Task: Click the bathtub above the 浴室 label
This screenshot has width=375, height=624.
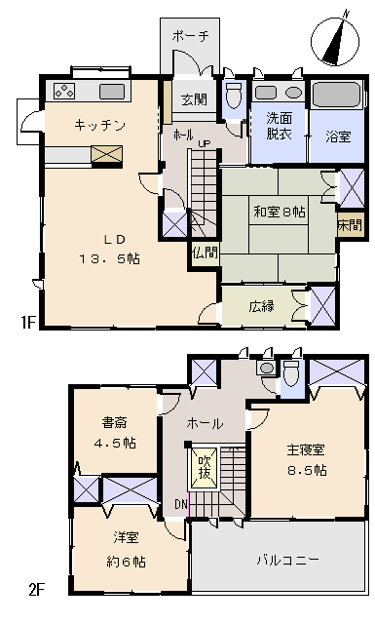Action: [x=336, y=96]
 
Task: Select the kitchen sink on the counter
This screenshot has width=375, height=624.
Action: [x=112, y=92]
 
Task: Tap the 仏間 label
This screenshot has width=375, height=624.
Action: [x=205, y=252]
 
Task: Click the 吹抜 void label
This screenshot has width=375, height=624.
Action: [x=204, y=467]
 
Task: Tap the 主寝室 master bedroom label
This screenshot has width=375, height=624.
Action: [x=304, y=450]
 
